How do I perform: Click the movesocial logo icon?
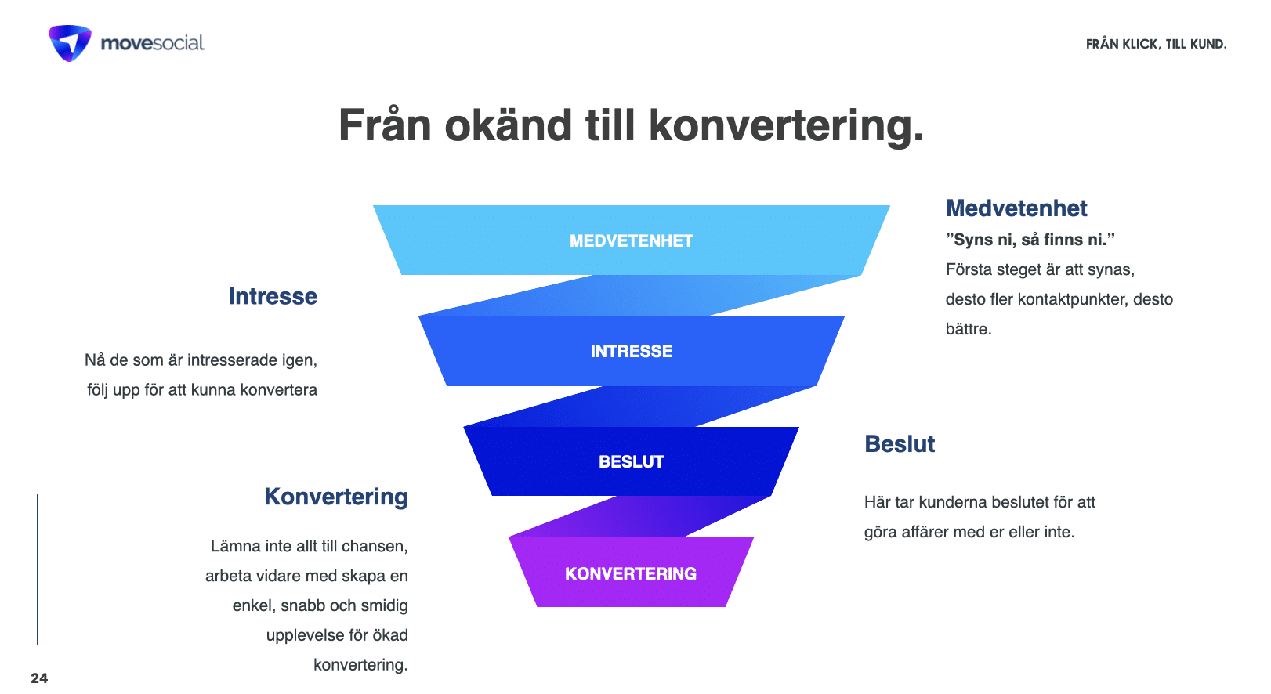tap(70, 43)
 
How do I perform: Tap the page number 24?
tap(39, 678)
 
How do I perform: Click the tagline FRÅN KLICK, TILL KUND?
tap(1156, 44)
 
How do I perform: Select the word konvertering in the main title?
tap(786, 126)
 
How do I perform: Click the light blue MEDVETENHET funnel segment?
tap(631, 240)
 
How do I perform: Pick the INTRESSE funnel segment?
tap(631, 351)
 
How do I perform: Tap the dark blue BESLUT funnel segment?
tap(631, 461)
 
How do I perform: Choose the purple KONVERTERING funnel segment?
tap(631, 573)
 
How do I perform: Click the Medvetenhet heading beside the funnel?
tap(1016, 208)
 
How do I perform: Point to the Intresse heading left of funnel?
tap(273, 296)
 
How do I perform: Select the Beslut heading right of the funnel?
tap(900, 444)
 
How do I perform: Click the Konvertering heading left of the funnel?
tap(335, 497)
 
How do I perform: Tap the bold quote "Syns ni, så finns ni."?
tap(1030, 240)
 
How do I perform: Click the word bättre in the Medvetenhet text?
tap(968, 329)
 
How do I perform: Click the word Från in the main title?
tap(385, 126)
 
